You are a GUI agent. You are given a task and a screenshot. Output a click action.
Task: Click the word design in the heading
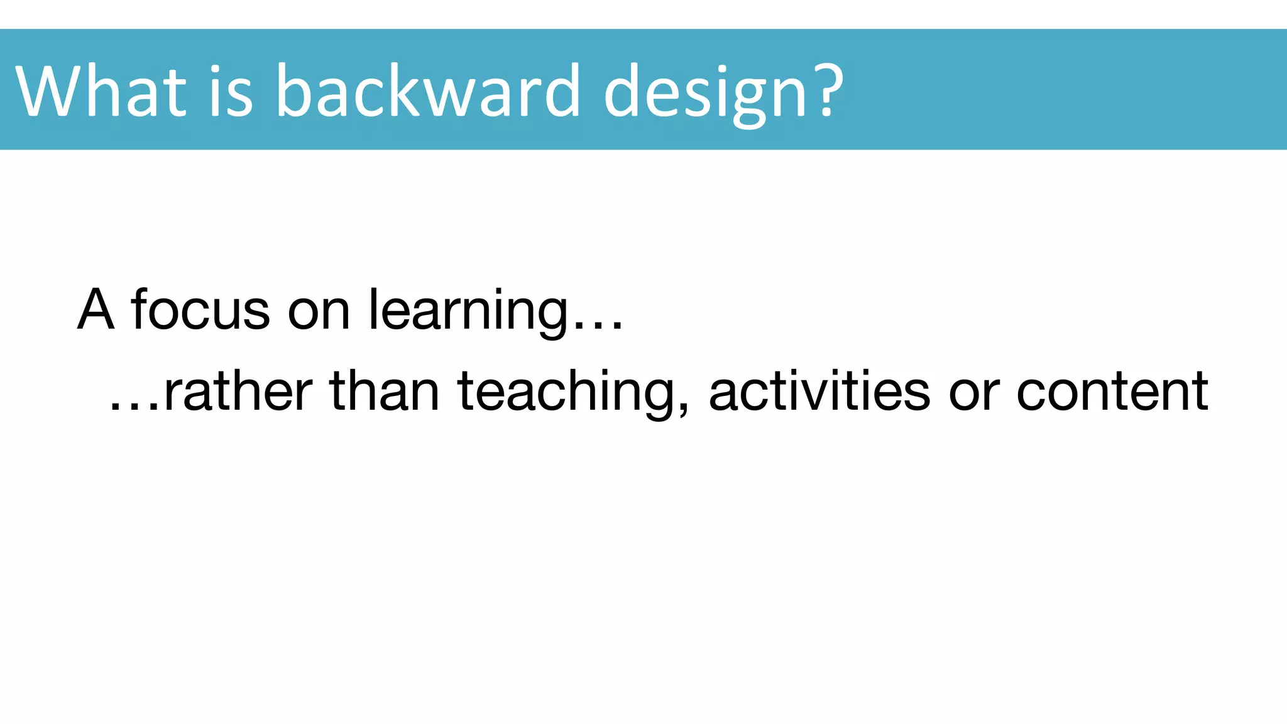coord(704,91)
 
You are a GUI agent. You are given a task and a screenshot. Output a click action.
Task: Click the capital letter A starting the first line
coord(96,309)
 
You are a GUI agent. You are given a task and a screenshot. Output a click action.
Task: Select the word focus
coord(200,309)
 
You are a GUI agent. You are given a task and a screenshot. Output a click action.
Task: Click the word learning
coord(468,310)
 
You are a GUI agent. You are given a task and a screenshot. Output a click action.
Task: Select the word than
coord(385,391)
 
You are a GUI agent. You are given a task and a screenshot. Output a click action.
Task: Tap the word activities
coord(819,391)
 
